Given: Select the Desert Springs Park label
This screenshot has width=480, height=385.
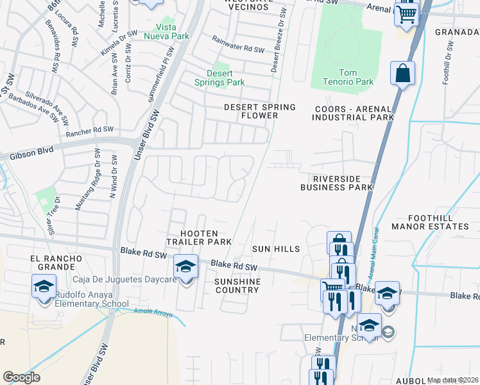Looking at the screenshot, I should [x=220, y=78].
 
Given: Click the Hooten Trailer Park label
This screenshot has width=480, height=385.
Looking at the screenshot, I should [x=199, y=238].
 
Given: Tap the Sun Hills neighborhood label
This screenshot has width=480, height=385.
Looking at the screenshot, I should [x=276, y=248].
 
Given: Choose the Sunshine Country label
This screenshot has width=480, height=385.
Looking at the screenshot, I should [x=237, y=286].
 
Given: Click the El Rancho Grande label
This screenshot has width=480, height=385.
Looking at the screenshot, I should [x=56, y=262].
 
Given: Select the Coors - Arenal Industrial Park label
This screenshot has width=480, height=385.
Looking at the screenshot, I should [x=354, y=114].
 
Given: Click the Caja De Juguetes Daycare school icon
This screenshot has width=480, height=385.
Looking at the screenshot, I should [x=186, y=266].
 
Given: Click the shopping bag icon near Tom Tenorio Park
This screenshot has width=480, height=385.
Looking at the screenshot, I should [x=402, y=74].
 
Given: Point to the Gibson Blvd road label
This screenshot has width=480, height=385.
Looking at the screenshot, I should [x=30, y=155].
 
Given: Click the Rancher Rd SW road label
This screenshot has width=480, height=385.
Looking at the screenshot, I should [x=89, y=130].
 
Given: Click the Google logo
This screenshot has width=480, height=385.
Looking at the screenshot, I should [x=21, y=377].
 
